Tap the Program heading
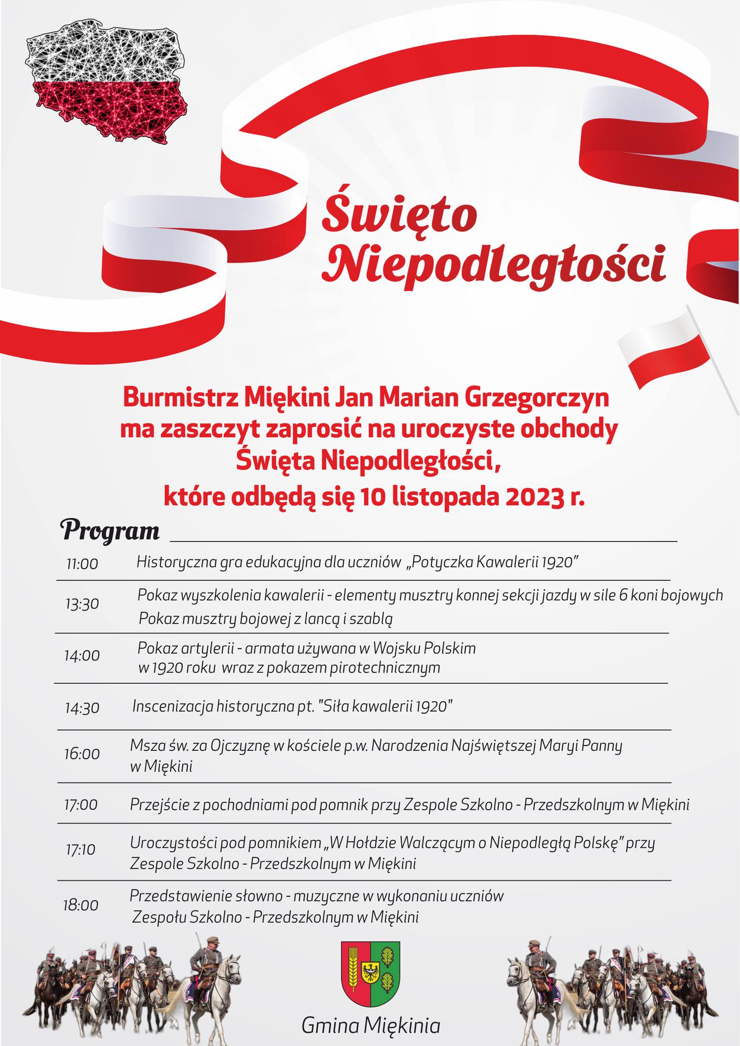[x=110, y=531]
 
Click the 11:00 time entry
[x=82, y=564]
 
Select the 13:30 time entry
[x=82, y=605]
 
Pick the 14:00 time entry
[x=82, y=655]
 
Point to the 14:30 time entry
[x=82, y=708]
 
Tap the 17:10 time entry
[x=81, y=850]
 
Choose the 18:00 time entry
[x=81, y=906]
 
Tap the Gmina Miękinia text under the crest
[x=370, y=1025]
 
